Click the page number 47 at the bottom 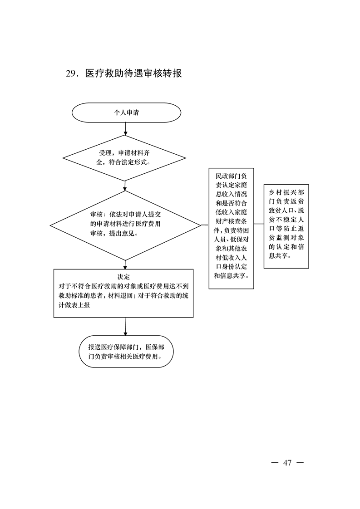[x=287, y=463]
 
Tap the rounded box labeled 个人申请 [x=126, y=113]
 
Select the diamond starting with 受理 [x=124, y=158]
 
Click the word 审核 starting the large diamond [x=97, y=215]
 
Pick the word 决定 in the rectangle [x=123, y=277]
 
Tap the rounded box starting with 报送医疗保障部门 [x=126, y=352]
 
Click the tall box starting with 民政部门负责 [x=231, y=228]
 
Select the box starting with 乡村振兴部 [x=286, y=226]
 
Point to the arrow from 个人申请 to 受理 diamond [x=126, y=129]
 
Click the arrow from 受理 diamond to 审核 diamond [x=125, y=186]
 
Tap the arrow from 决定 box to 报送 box [x=125, y=327]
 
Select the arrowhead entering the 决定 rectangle [x=125, y=267]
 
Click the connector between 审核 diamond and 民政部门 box [x=205, y=224]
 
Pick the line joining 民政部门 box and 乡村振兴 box [x=259, y=224]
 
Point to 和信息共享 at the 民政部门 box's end [x=229, y=276]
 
